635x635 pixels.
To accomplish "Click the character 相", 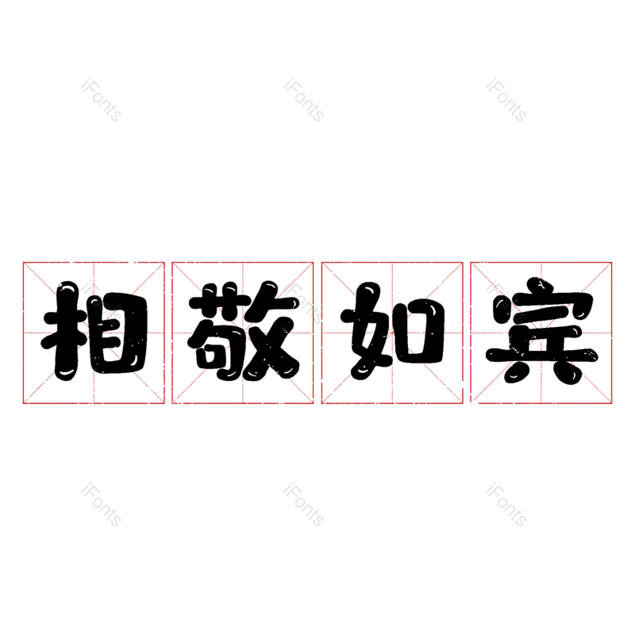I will coord(94,333).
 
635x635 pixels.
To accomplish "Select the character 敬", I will coord(243,333).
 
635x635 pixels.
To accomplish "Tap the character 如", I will coord(392,333).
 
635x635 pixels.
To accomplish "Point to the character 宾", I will coord(541,333).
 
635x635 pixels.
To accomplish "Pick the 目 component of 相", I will coord(117,333).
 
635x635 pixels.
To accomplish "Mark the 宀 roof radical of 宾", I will coord(541,298).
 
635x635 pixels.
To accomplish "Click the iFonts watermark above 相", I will coord(101,100).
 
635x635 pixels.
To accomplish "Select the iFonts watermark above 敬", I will coord(303,100).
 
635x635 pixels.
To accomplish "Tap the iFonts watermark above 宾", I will coord(506,100).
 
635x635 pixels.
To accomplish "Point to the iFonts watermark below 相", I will coord(101,505).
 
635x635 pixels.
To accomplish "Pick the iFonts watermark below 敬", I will coord(303,505).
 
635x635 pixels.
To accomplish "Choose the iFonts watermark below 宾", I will coord(506,505).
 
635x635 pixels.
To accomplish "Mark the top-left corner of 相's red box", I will coord(23,263).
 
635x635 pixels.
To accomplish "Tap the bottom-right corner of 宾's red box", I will coord(612,403).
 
